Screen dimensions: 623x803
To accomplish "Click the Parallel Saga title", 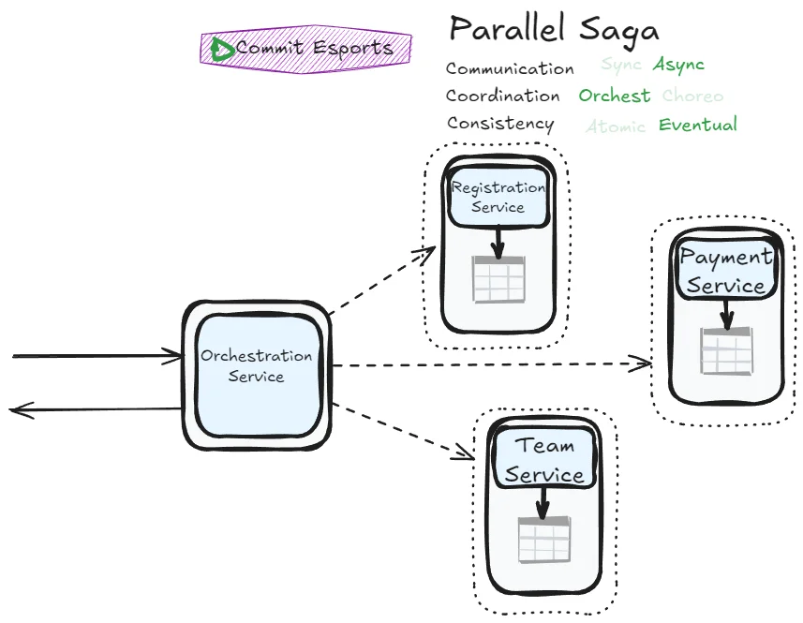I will pos(554,29).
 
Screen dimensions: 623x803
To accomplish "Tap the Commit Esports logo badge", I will pos(305,48).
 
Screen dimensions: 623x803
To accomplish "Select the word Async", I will pos(678,65).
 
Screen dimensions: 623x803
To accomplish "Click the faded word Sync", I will pos(621,65).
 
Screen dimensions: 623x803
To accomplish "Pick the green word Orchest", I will pos(614,96).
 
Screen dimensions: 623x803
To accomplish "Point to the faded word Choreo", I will pos(692,96).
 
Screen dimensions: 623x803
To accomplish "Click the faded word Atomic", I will pos(616,126).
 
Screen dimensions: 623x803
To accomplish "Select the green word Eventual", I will pos(698,125).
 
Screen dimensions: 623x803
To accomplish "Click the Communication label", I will pos(510,68).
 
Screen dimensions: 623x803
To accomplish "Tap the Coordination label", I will pos(502,96).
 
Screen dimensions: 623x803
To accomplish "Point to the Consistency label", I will pos(499,124).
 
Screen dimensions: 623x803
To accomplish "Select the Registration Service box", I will pos(498,197).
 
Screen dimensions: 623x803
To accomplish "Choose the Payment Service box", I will pos(726,271).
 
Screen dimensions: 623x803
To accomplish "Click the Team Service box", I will pos(543,461).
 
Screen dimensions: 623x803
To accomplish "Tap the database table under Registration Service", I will pos(498,279).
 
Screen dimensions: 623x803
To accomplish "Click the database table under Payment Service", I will pos(726,351).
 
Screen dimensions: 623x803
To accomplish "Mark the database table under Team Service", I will pos(543,540).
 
